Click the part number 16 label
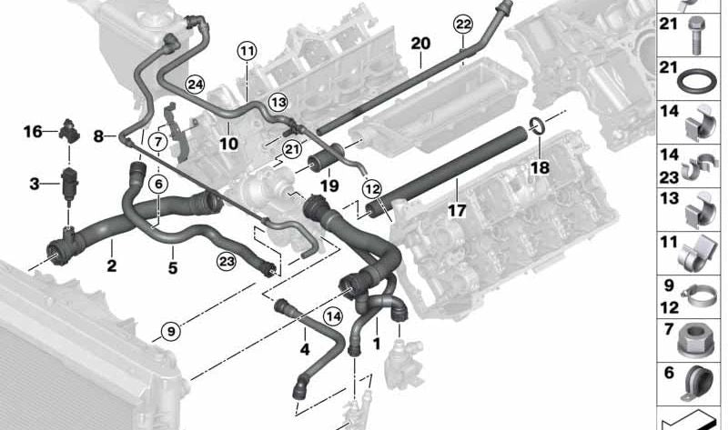click(x=33, y=132)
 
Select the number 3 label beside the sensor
click(x=34, y=185)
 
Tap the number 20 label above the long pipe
click(x=420, y=44)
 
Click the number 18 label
click(x=541, y=168)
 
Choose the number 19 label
click(x=329, y=186)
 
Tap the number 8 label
click(x=98, y=136)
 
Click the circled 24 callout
click(x=194, y=85)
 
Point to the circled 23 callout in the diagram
click(x=226, y=262)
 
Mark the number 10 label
click(x=227, y=144)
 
